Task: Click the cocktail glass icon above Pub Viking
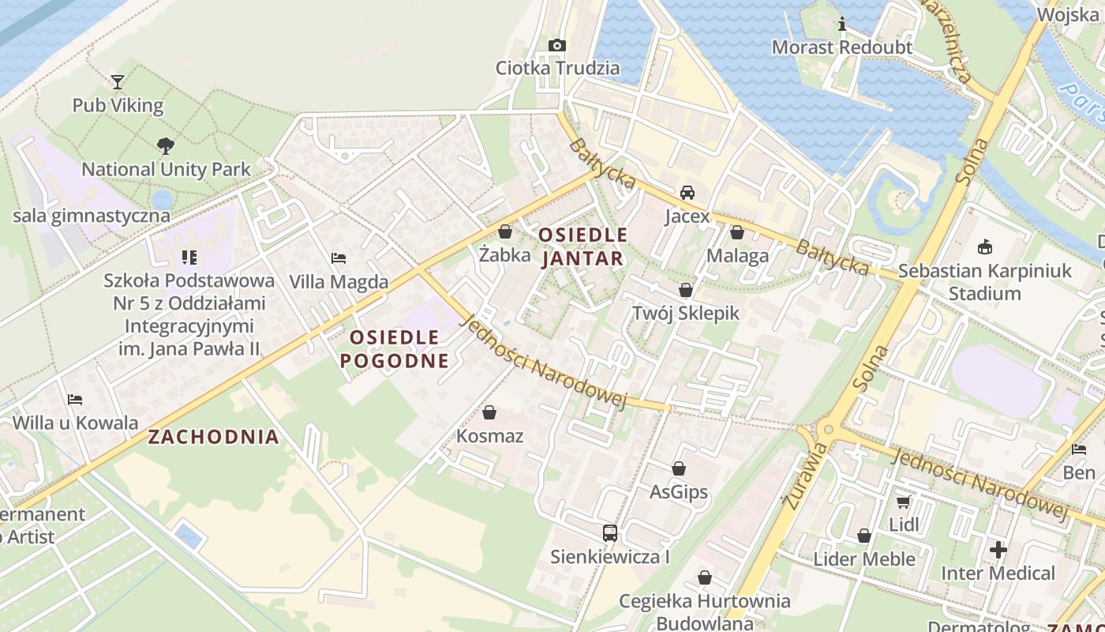tap(118, 81)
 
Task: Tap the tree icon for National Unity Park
tap(166, 145)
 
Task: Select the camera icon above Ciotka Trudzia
tap(557, 45)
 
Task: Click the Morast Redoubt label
tap(841, 47)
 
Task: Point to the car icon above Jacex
tap(687, 193)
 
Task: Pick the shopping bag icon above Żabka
tap(505, 231)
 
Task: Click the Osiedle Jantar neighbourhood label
tap(583, 246)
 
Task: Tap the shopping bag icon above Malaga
tap(737, 232)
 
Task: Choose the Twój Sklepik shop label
tap(685, 313)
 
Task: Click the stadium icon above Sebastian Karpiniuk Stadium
tap(984, 247)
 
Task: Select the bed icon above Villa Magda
tap(339, 258)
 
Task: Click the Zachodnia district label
tap(214, 437)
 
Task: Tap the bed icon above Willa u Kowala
tap(75, 399)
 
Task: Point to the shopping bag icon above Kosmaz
tap(489, 412)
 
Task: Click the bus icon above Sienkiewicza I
tap(610, 533)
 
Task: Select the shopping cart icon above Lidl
tap(904, 502)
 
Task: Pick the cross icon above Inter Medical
tap(998, 549)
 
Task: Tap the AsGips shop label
tap(678, 493)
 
